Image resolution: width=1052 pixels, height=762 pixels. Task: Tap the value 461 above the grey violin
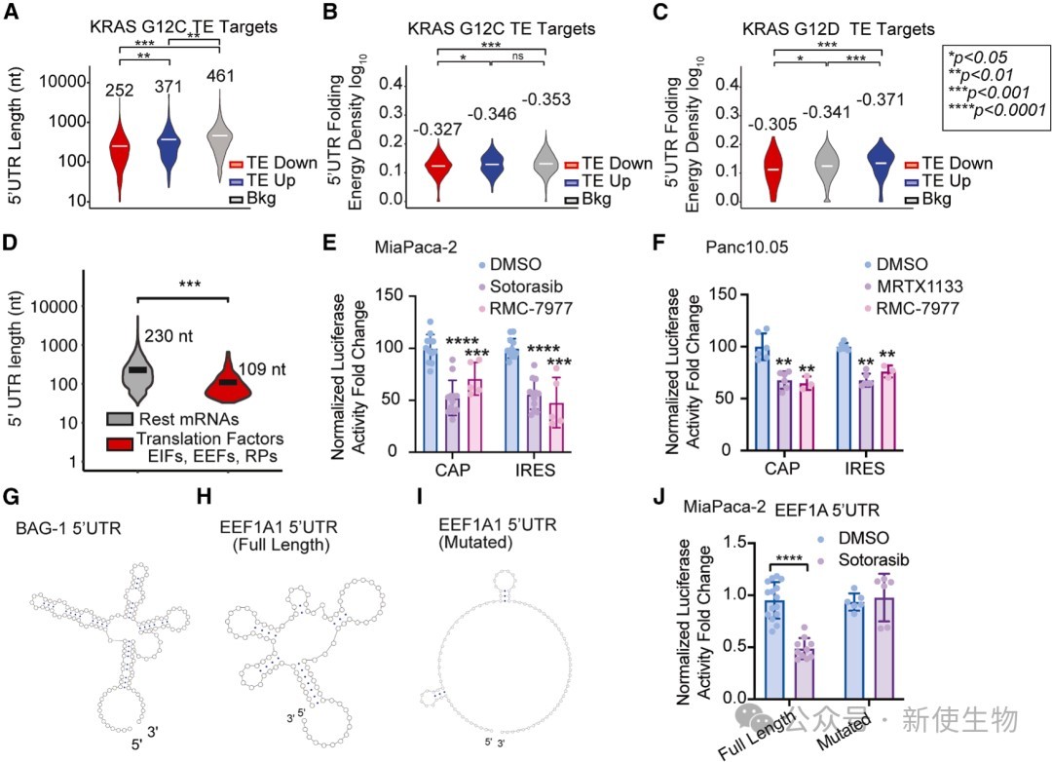tap(220, 76)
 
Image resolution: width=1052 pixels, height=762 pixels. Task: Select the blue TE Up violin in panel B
tap(493, 165)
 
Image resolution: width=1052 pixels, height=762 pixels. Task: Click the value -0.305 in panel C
tap(772, 124)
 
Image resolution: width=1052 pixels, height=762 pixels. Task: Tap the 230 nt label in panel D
tap(169, 335)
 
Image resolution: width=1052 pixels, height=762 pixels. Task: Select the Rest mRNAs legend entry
tap(172, 420)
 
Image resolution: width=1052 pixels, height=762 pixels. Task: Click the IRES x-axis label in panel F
tap(864, 468)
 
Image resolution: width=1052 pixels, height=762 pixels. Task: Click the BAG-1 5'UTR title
tap(68, 528)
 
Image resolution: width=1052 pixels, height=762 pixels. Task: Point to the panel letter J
tap(658, 500)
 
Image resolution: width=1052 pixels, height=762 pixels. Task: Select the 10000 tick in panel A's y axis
tap(63, 82)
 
